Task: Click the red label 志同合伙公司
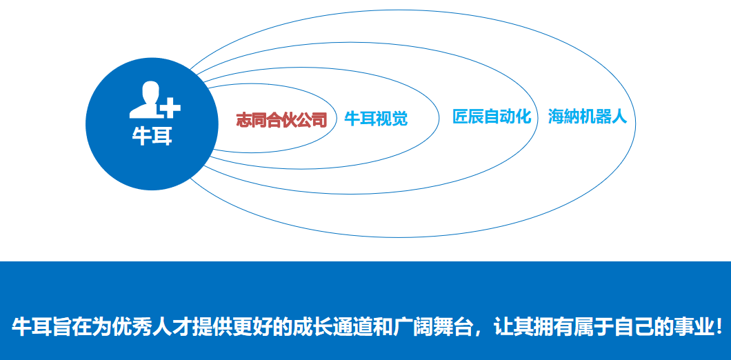coord(281,120)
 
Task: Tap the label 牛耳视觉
coord(376,119)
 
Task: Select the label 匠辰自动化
coord(492,117)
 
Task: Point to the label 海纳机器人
coord(588,117)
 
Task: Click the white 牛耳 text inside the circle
coord(152,137)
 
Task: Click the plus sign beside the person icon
coord(170,108)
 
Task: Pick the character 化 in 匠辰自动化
coord(523,117)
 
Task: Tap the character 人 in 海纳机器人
coord(619,117)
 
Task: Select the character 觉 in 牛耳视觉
coord(399,119)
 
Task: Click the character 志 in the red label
coord(243,120)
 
